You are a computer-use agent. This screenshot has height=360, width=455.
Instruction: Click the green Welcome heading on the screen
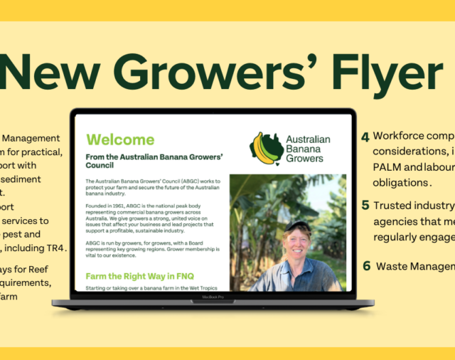pos(119,139)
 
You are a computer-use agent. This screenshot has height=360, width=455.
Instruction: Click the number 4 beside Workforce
pos(365,137)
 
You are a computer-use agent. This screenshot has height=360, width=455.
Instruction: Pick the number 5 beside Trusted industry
pos(365,206)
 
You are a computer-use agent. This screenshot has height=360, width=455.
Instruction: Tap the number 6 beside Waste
pos(366,266)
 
